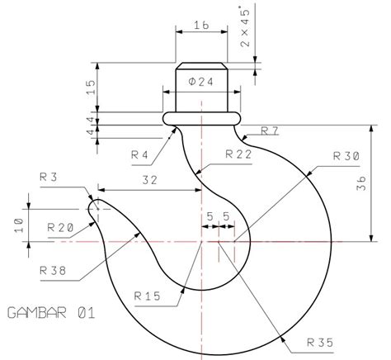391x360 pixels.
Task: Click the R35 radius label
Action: [x=320, y=339]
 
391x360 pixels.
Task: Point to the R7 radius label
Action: [x=270, y=130]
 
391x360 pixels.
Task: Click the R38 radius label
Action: [x=54, y=269]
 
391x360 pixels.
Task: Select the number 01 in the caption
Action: [x=87, y=313]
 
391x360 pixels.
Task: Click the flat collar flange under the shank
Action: [x=202, y=118]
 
